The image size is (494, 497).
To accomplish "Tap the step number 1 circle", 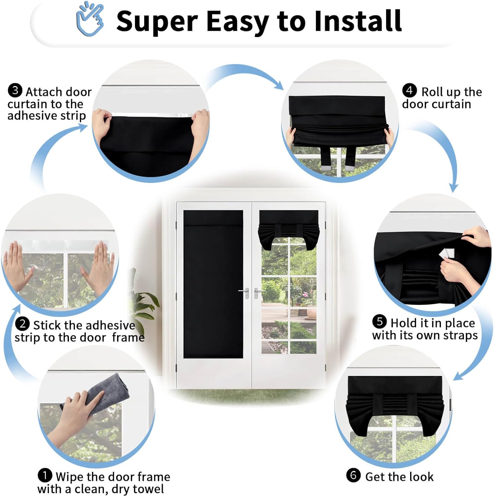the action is (x=45, y=475).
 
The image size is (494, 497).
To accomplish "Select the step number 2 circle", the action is (x=22, y=324).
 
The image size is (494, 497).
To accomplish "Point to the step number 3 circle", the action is (x=15, y=90).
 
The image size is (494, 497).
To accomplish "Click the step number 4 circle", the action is (x=409, y=90).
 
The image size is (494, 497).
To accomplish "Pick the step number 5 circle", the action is (x=380, y=321).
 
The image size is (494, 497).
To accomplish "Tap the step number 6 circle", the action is (x=353, y=475).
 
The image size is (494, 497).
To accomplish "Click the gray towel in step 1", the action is (x=99, y=393).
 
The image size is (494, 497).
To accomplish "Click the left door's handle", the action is (x=245, y=292).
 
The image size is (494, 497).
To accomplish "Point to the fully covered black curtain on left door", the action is (x=213, y=284).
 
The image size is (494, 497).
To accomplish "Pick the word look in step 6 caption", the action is (x=422, y=477).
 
